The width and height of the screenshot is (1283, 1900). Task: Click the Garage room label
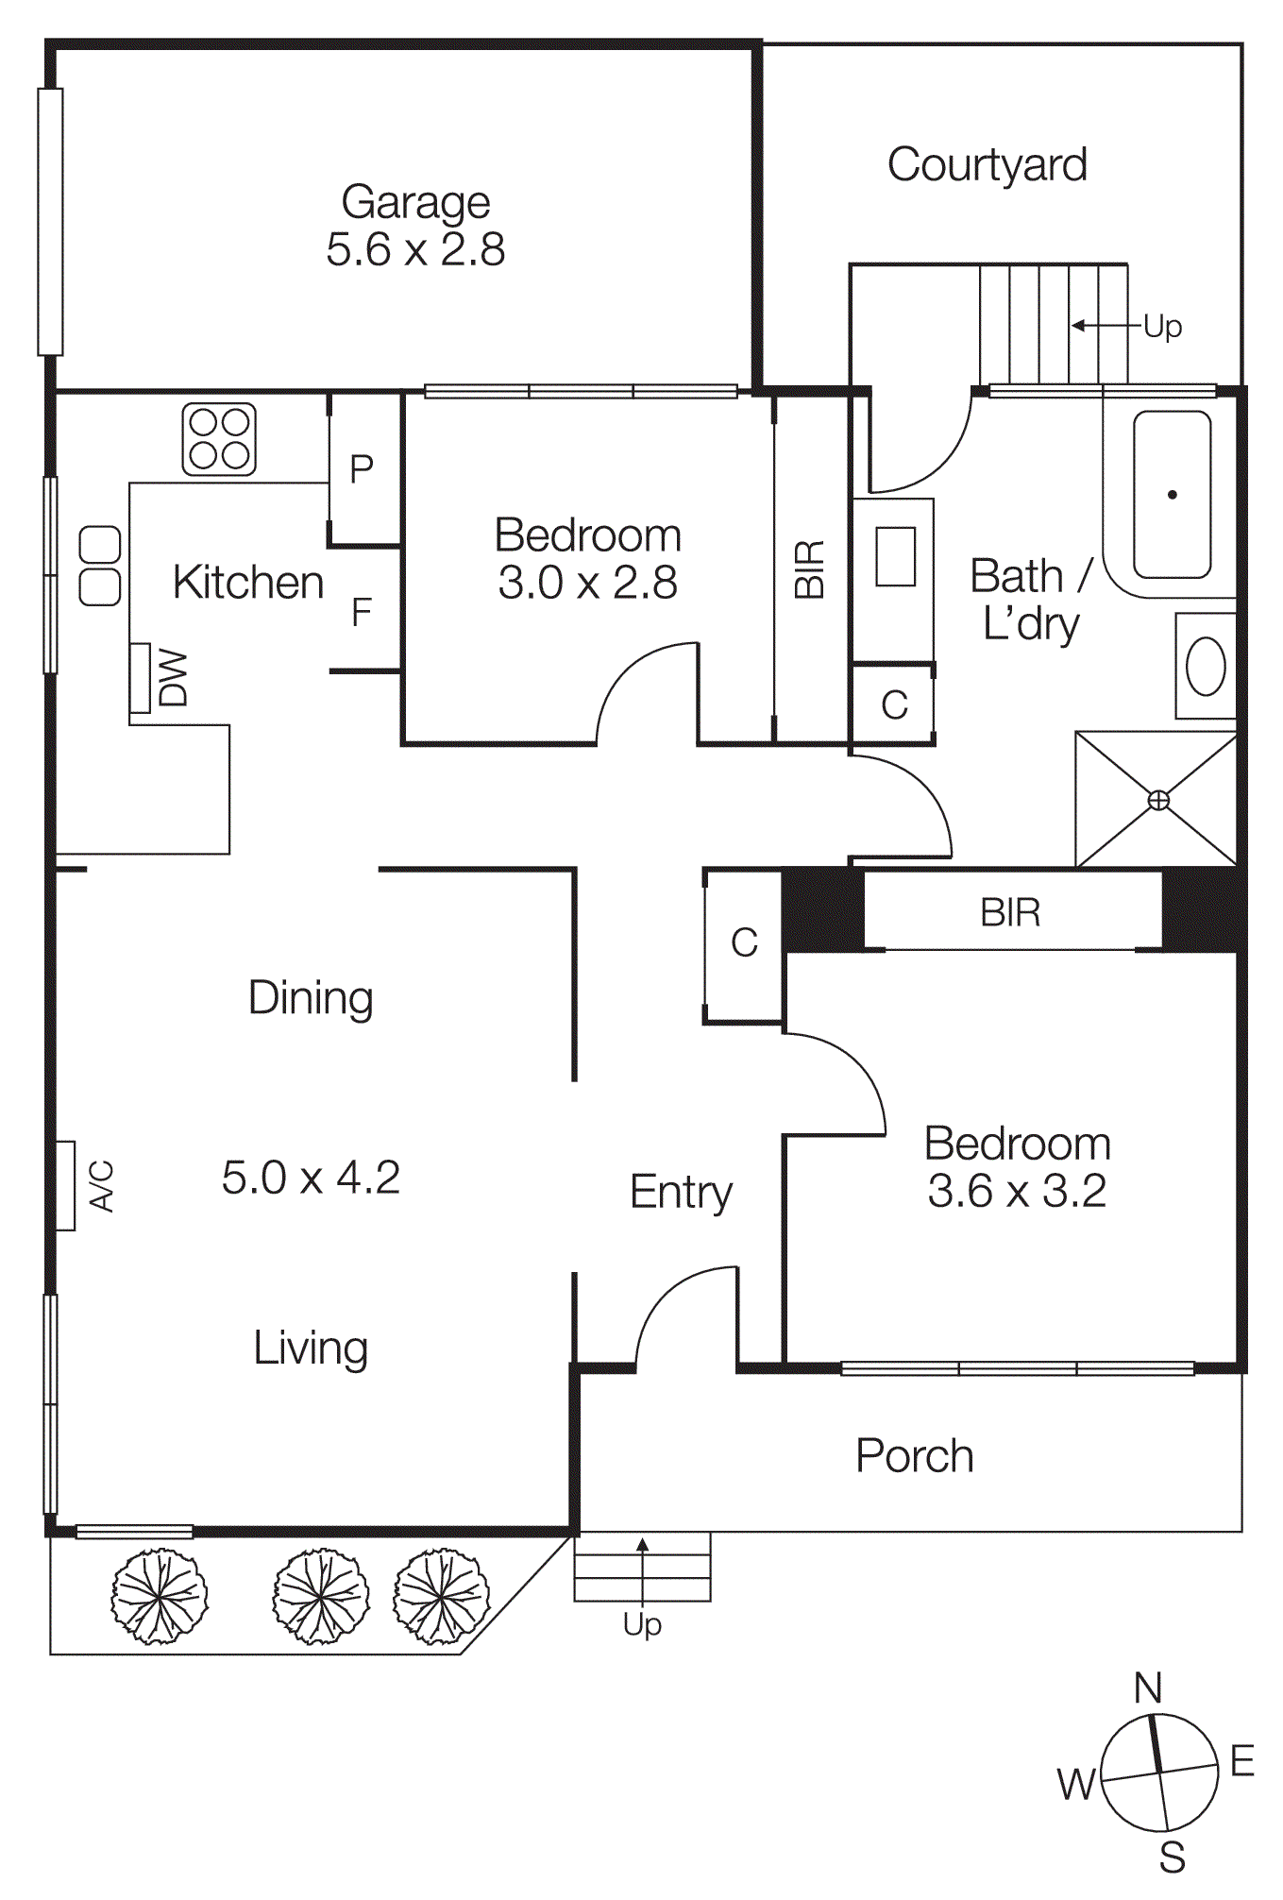click(x=415, y=202)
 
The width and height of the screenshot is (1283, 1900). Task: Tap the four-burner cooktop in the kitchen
click(x=219, y=439)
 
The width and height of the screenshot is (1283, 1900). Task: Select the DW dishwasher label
click(x=174, y=677)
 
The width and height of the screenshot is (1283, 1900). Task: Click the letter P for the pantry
click(x=362, y=469)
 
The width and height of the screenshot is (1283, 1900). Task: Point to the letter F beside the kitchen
click(x=362, y=613)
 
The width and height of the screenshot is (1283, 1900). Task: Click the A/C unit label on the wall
click(x=101, y=1186)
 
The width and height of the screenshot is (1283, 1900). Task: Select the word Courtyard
click(x=987, y=165)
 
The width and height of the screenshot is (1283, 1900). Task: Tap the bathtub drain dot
click(x=1172, y=494)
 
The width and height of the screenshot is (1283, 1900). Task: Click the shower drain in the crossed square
click(x=1157, y=801)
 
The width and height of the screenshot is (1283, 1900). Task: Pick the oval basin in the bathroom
click(x=1206, y=666)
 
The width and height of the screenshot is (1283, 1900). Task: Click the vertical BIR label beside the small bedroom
click(x=810, y=569)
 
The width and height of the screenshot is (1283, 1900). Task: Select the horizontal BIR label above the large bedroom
click(x=1010, y=913)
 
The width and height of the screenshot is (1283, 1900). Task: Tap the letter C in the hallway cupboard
click(x=744, y=942)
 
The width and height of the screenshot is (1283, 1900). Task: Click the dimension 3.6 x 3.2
click(x=1017, y=1191)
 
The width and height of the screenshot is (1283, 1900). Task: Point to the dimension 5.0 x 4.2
click(x=311, y=1178)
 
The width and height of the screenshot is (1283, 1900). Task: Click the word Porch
click(x=914, y=1455)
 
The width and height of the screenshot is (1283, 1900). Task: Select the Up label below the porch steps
click(x=642, y=1624)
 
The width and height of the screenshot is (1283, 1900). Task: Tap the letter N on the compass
click(x=1148, y=1688)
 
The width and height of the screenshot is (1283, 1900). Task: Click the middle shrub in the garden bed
click(x=321, y=1596)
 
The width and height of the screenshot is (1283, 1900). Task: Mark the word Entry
click(x=681, y=1192)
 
